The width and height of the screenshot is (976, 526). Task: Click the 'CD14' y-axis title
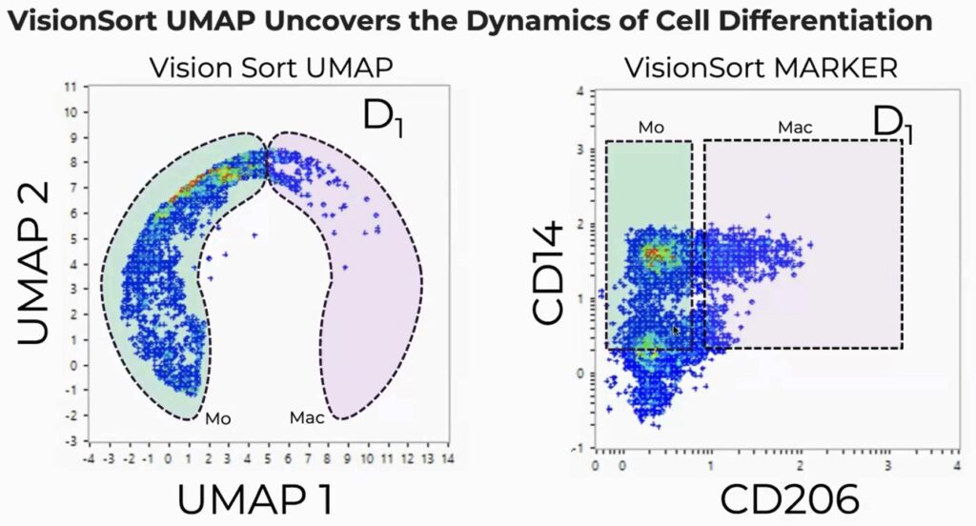[x=551, y=271]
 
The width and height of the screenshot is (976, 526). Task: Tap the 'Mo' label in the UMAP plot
[x=218, y=417]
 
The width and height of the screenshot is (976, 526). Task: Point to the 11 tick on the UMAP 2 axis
[x=69, y=87]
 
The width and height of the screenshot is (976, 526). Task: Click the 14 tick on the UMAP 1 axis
[x=447, y=458]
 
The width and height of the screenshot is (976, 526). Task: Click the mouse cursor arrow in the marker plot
[x=676, y=330]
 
